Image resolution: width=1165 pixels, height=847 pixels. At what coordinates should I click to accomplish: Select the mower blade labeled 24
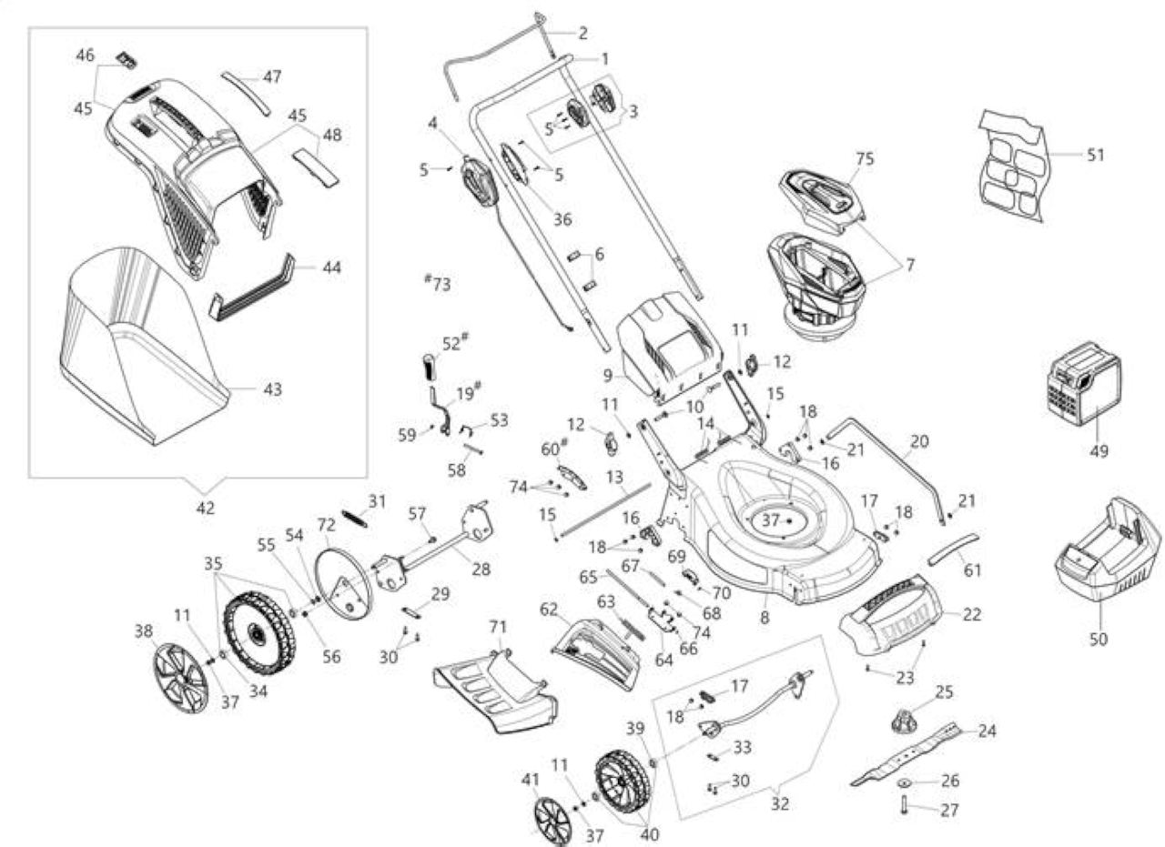[906, 753]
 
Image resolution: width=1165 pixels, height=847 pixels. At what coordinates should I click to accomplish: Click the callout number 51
[1095, 155]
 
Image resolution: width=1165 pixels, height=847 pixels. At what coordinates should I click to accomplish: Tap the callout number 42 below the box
[206, 508]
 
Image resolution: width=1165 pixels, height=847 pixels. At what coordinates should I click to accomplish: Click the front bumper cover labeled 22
[890, 615]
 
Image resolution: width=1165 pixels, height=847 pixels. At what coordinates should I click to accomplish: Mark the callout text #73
[438, 283]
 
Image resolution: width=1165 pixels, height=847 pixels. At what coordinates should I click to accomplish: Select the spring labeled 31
[355, 519]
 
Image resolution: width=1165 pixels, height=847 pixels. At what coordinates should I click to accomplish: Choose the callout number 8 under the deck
[765, 618]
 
